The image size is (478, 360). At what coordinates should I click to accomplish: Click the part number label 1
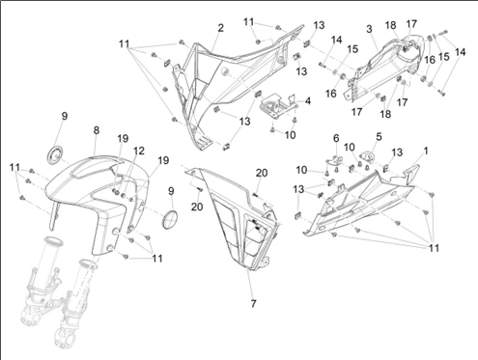426,151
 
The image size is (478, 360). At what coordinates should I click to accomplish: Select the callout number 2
220,28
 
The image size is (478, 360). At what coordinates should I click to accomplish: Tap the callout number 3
369,29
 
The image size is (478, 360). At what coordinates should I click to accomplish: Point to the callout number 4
308,101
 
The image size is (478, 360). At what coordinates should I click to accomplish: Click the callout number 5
379,136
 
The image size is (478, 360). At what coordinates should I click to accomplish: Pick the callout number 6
336,138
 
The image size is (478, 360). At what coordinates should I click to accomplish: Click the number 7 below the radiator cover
253,303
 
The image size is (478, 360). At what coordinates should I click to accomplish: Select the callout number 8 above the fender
97,130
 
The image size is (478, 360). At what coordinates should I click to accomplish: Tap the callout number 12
139,151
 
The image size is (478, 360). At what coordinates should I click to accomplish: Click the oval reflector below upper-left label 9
56,154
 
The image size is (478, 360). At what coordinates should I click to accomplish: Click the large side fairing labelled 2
235,87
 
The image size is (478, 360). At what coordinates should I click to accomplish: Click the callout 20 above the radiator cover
262,173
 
